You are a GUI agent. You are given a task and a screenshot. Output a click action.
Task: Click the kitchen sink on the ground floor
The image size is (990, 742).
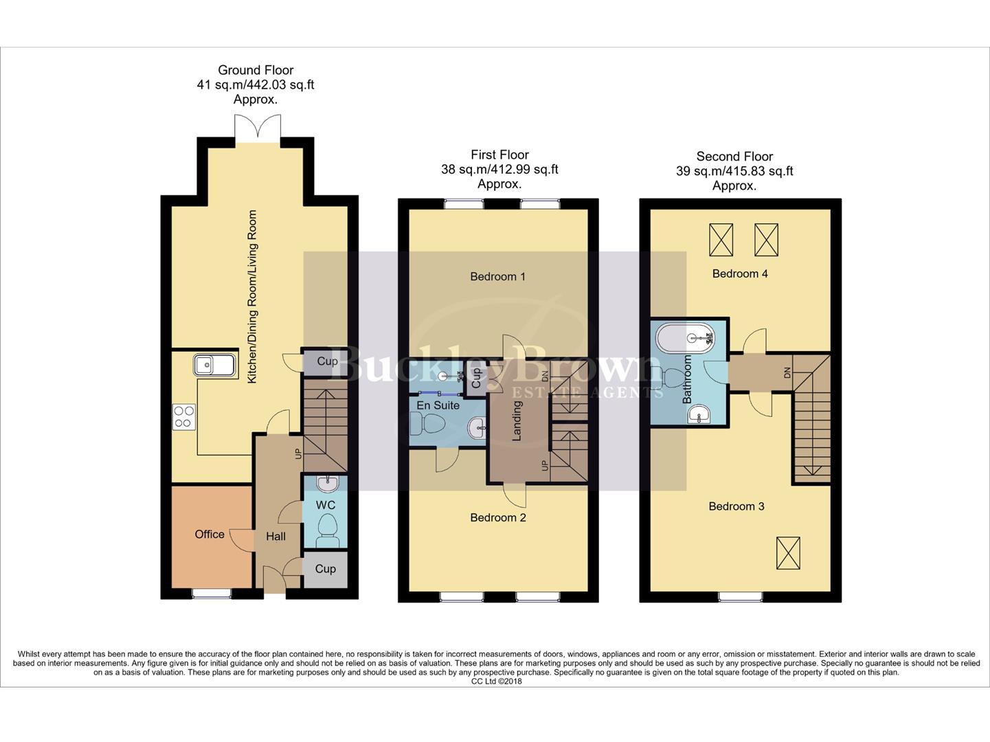[x=214, y=365]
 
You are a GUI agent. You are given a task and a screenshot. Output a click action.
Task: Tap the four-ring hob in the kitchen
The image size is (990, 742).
[x=183, y=417]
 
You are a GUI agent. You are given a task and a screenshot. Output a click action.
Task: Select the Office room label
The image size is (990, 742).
[x=210, y=535]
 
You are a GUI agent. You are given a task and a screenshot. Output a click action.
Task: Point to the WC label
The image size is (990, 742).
[x=326, y=505]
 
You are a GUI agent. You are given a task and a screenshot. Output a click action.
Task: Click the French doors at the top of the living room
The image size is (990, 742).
[x=257, y=129]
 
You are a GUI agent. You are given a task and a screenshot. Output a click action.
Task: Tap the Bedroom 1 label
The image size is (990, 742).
[x=497, y=277]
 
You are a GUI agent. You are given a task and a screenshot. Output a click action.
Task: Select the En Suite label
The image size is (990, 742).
[x=438, y=405]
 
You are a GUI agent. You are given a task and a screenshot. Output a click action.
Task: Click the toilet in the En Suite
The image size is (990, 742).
[x=427, y=426]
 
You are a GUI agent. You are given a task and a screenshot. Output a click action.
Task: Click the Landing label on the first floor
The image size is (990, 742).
[x=517, y=420]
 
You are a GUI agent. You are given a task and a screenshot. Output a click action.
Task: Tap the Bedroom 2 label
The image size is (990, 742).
[x=497, y=517]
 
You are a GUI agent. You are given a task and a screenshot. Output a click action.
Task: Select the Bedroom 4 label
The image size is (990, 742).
[x=739, y=273]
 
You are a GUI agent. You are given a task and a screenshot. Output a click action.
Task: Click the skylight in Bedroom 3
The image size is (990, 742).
[x=788, y=553]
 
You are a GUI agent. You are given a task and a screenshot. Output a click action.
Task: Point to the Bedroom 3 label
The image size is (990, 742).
[x=736, y=506]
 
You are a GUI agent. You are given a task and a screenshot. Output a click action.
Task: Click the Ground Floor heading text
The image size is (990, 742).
[x=256, y=70]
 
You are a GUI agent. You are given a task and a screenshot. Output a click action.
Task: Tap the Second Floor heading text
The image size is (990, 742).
[x=734, y=157]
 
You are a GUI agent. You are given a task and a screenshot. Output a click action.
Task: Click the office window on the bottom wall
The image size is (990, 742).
[x=212, y=593]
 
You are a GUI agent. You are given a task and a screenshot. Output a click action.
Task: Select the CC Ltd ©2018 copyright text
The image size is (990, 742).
[x=496, y=682]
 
